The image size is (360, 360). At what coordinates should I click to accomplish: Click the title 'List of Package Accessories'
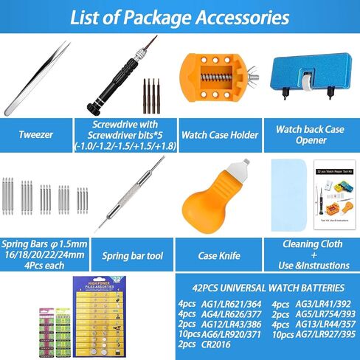179,17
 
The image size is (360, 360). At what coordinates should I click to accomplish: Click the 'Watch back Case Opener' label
310,134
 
